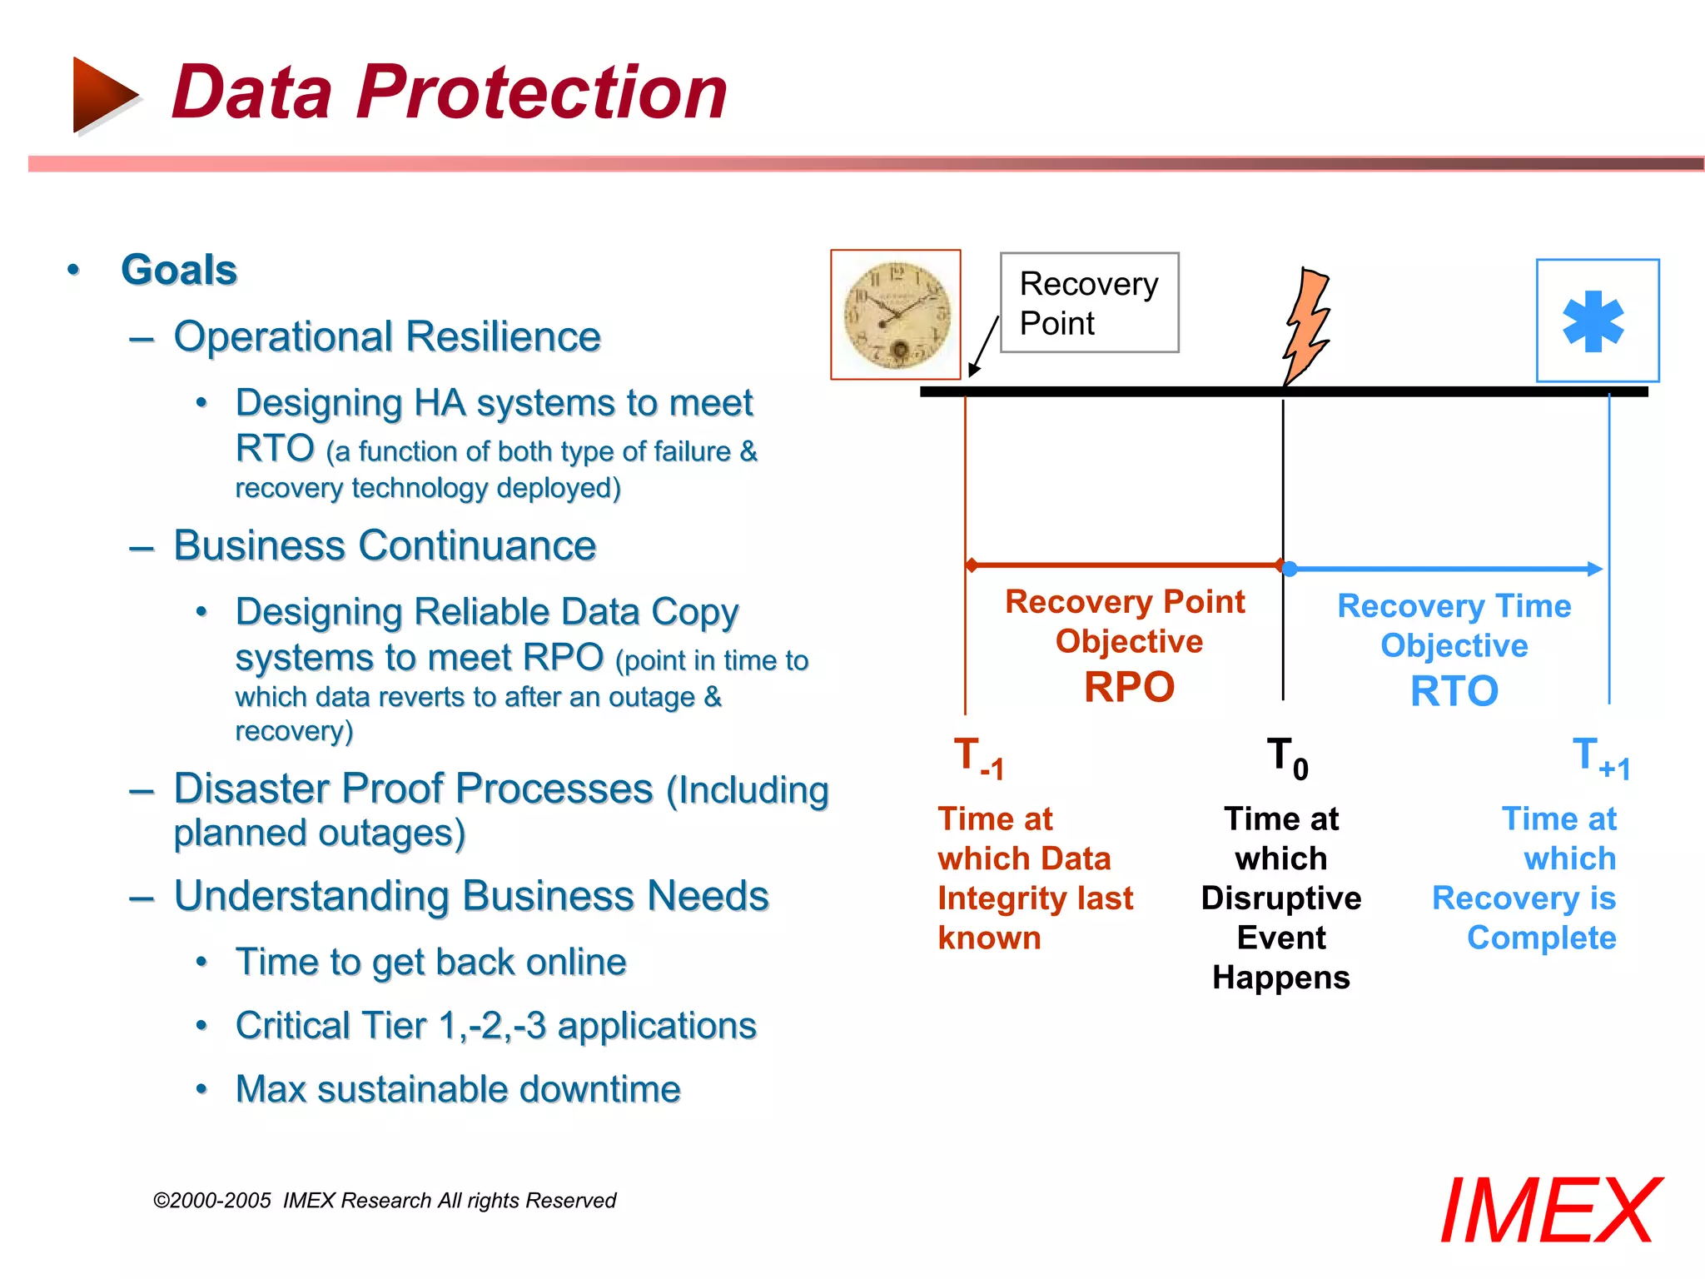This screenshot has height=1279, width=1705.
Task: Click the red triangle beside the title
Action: [103, 94]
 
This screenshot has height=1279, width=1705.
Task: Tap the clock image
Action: [896, 315]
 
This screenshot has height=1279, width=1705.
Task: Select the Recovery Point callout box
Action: [1089, 303]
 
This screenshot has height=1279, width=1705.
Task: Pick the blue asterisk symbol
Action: [1593, 321]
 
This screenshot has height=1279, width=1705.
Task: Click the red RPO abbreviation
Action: [1129, 688]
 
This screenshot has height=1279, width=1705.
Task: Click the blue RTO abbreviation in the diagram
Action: [1454, 691]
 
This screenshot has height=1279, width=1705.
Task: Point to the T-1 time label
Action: [978, 758]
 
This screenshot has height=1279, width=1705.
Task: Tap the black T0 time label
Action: [1287, 758]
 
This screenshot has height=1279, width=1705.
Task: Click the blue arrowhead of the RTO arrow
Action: [1593, 569]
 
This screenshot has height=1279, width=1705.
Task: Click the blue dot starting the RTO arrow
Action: [1290, 569]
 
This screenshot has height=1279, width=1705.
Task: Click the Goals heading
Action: [179, 270]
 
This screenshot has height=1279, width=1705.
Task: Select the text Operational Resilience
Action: [387, 336]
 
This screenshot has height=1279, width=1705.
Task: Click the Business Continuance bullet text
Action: [385, 546]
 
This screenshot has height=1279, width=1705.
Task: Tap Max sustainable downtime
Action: [458, 1089]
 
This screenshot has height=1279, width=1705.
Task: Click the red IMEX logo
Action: [1550, 1211]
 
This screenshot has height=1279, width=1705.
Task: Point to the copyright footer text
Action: [385, 1200]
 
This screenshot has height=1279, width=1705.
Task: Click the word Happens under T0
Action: [1280, 978]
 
